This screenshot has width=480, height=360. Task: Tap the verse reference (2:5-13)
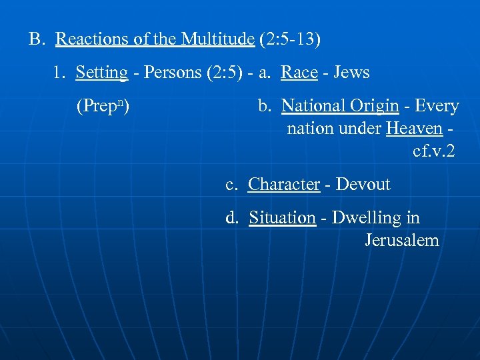[x=290, y=39]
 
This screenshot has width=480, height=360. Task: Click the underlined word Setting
[x=101, y=73]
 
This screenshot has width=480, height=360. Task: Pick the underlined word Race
[x=299, y=73]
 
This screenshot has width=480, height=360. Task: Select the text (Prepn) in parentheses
[x=103, y=106]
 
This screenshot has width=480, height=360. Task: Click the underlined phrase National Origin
[x=340, y=106]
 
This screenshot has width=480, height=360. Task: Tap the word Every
[x=437, y=106]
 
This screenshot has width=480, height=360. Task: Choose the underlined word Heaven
[x=414, y=128]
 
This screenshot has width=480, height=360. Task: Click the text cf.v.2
[x=434, y=151]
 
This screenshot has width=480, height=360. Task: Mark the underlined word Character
[x=284, y=185]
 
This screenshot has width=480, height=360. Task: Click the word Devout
[x=363, y=185]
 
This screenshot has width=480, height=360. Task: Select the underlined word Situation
[x=282, y=218]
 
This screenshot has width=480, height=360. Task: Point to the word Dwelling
[x=364, y=218]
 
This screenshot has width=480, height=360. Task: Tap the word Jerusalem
[x=402, y=240]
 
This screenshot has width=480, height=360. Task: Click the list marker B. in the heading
[x=36, y=39]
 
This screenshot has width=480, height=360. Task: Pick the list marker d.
[x=232, y=218]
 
